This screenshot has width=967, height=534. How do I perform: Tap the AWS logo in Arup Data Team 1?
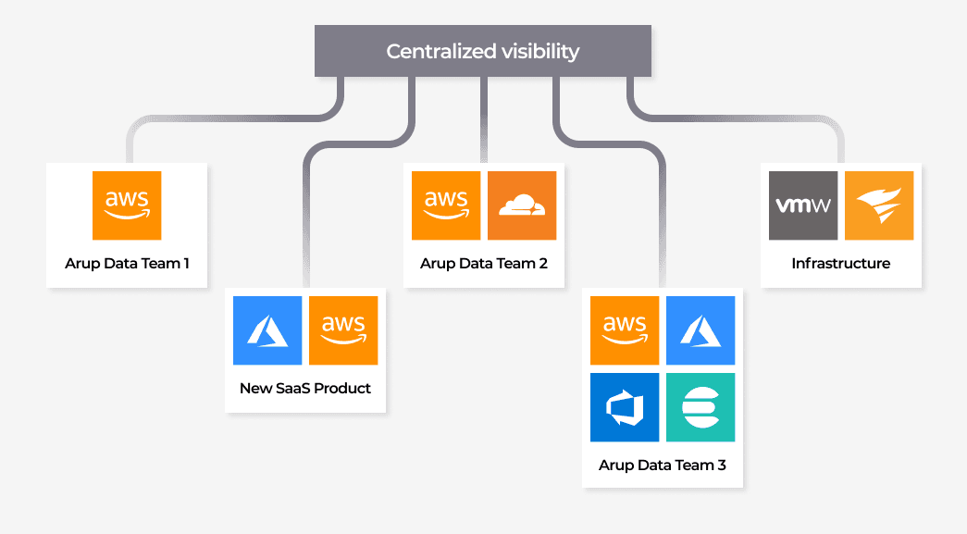127,205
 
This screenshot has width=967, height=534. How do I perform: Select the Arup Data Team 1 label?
127,264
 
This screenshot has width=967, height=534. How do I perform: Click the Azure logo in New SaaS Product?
268,330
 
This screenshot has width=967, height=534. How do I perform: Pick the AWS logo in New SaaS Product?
343,330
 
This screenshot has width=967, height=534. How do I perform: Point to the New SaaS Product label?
305,389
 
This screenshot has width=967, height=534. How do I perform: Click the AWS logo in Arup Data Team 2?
446,205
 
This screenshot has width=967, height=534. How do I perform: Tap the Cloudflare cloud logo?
522,205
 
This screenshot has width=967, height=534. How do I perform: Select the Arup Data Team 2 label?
484,264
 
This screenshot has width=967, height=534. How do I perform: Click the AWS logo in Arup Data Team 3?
625,330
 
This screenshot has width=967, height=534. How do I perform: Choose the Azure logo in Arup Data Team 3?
700,330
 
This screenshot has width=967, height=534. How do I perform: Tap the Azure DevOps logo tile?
625,407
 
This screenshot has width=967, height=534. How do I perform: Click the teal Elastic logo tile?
700,407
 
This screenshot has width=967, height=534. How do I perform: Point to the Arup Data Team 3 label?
663,466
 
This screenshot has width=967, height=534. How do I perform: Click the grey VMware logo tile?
803,205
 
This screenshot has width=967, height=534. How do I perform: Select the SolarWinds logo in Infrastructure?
879,205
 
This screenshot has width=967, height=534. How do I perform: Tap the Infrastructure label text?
841,264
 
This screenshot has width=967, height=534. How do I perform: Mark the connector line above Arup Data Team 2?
483,120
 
